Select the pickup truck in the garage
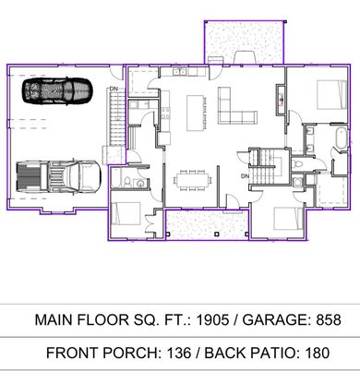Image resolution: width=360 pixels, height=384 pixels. tap(58, 177)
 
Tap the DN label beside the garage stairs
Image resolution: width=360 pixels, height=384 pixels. tap(114, 89)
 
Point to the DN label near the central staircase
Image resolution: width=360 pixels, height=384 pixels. tap(245, 176)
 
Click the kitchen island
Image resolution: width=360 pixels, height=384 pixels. tap(195, 113)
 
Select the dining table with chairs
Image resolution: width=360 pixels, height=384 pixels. tap(194, 180)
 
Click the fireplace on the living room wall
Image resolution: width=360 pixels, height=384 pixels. tap(281, 100)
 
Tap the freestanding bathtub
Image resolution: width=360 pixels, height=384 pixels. tap(342, 139)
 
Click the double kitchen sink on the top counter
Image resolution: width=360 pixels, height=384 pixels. tap(179, 72)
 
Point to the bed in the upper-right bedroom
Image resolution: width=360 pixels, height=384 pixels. tap(331, 95)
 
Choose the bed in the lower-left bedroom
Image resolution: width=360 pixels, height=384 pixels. tap(126, 213)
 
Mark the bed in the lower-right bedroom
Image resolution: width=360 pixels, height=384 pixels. tap(288, 219)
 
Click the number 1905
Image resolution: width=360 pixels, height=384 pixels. tap(213, 319)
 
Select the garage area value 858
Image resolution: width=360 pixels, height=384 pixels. tap(329, 319)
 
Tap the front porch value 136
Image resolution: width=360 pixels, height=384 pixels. tap(179, 353)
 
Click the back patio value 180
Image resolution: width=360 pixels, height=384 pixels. tap(318, 353)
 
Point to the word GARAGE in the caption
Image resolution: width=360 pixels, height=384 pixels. tap(276, 319)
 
